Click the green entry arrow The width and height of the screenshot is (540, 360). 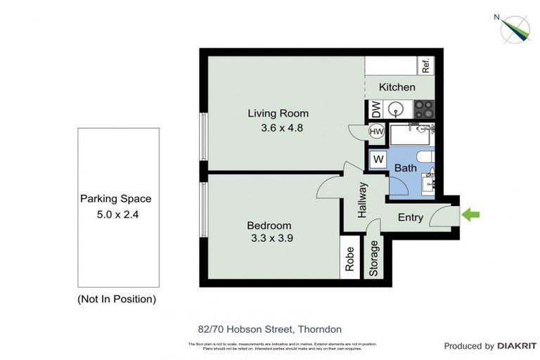tap(470, 214)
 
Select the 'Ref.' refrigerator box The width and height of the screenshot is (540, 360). tap(425, 65)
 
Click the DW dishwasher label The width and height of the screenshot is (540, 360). tap(376, 110)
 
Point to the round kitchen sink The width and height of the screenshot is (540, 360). tap(397, 110)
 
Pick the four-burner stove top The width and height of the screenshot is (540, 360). tap(423, 109)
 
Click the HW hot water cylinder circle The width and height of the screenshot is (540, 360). tap(376, 131)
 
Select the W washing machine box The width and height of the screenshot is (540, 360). tap(378, 159)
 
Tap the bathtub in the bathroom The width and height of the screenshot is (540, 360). tap(411, 133)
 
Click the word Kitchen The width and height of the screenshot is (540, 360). tap(397, 87)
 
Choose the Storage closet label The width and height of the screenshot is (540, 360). tap(374, 259)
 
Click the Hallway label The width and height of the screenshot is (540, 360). tap(363, 200)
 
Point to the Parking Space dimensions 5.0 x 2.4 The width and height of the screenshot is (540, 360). tap(115, 214)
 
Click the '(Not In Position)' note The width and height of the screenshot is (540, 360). tap(116, 299)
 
